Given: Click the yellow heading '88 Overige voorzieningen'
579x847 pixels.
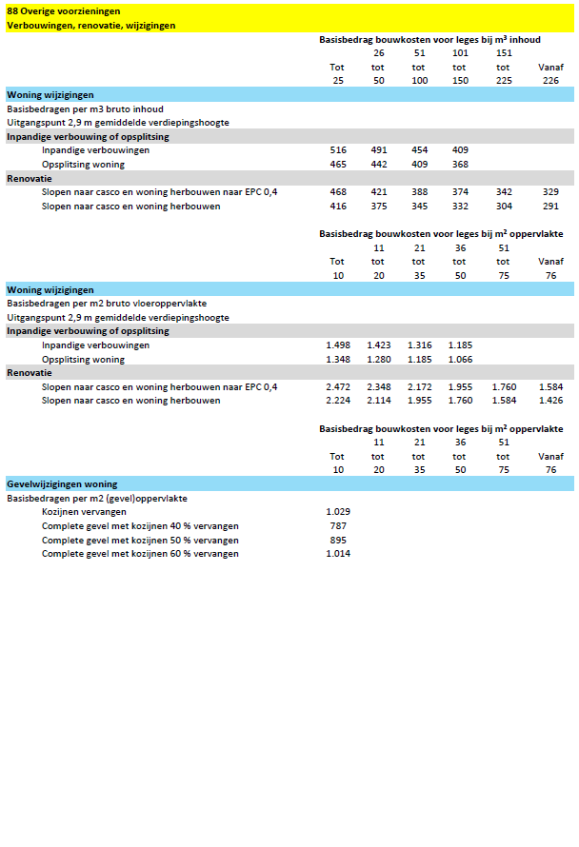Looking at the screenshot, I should pyautogui.click(x=63, y=10).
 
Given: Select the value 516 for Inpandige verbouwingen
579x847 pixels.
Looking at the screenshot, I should pyautogui.click(x=338, y=150).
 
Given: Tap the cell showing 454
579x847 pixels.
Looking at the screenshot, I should pyautogui.click(x=419, y=150).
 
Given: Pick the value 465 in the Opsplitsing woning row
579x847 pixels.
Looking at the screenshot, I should pyautogui.click(x=338, y=165).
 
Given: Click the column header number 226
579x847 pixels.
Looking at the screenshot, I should pyautogui.click(x=550, y=81).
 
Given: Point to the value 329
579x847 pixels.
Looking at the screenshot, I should pyautogui.click(x=550, y=192).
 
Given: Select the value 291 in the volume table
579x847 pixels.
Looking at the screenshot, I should pyautogui.click(x=550, y=207).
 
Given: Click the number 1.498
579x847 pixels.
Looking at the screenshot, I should pyautogui.click(x=338, y=345).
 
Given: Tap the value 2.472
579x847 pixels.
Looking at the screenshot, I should pyautogui.click(x=338, y=387).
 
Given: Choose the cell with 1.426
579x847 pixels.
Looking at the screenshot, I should pyautogui.click(x=550, y=401).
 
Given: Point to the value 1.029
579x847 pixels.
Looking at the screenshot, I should pyautogui.click(x=338, y=512).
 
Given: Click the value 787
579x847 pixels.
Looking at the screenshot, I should pyautogui.click(x=338, y=526).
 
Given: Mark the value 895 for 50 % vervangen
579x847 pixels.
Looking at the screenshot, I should pyautogui.click(x=338, y=540).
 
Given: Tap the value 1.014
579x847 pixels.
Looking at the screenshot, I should pyautogui.click(x=338, y=554).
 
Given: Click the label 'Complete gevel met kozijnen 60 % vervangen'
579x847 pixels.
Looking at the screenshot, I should pyautogui.click(x=140, y=554).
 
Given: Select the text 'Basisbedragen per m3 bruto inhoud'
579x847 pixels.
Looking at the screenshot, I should pyautogui.click(x=86, y=109).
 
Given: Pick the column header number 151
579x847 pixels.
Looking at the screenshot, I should pyautogui.click(x=504, y=53).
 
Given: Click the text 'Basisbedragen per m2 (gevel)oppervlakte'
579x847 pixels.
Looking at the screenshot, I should pyautogui.click(x=97, y=498).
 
